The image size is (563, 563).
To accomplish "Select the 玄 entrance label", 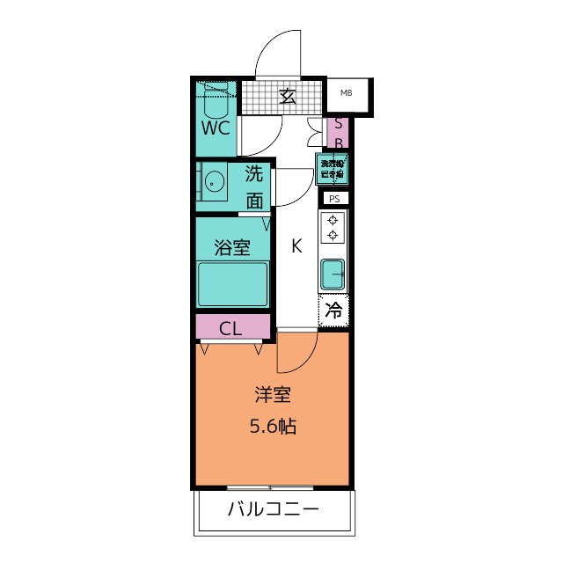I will tap(287, 97).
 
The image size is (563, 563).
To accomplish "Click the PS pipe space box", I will tap(333, 199).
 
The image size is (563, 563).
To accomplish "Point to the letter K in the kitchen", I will tap(296, 247).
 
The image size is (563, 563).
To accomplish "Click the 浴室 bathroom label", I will tap(232, 248).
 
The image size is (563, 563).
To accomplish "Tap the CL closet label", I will tap(230, 330).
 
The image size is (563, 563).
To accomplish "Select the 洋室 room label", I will tap(271, 395).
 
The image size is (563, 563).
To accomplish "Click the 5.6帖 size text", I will tap(271, 428).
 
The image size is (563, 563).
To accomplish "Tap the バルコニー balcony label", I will tap(273, 509).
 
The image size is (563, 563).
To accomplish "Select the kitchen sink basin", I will tap(333, 275).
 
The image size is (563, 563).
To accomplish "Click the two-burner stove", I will tap(333, 228).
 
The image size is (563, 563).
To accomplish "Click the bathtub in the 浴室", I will tap(233, 284).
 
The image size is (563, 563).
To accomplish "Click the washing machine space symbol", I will tap(333, 169).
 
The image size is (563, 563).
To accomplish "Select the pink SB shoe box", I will tap(338, 133).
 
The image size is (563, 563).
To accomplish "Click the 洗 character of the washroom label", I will tap(254, 173).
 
